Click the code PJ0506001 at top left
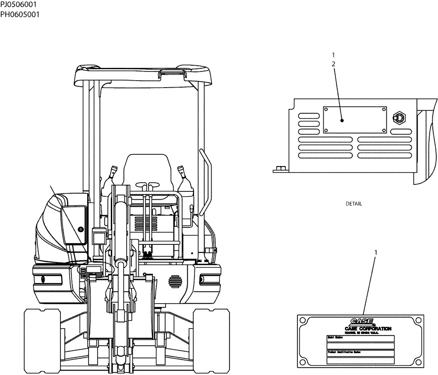pyautogui.click(x=18, y=5)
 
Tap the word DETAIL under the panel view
pyautogui.click(x=354, y=204)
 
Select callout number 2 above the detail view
pyautogui.click(x=334, y=64)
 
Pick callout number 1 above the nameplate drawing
pyautogui.click(x=375, y=253)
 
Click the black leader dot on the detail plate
pyautogui.click(x=341, y=120)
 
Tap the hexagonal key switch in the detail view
pyautogui.click(x=399, y=117)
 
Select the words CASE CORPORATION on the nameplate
pyautogui.click(x=368, y=329)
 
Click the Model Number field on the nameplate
pyautogui.click(x=360, y=339)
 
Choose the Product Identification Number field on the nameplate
pyautogui.click(x=360, y=354)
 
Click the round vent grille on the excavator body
pyautogui.click(x=174, y=280)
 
